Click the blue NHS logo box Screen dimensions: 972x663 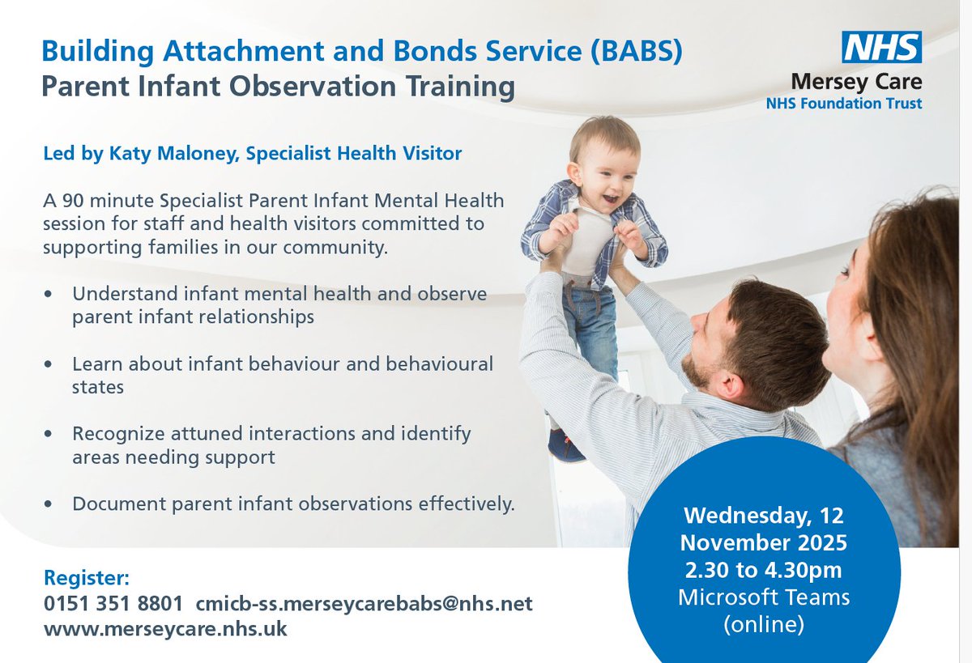pos(882,47)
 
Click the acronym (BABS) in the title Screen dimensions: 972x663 pos(636,52)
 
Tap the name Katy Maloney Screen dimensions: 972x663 pos(174,154)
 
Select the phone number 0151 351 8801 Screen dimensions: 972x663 pos(113,603)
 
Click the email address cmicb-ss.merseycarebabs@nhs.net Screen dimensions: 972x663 pos(364,603)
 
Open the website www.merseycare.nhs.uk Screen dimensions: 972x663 pos(165,628)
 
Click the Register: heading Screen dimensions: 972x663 pos(87,577)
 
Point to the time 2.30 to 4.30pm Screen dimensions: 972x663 pos(763,570)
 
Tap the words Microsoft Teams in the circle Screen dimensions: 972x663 pos(764,597)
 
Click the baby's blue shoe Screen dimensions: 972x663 pos(565,445)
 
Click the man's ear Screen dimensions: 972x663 pos(731,384)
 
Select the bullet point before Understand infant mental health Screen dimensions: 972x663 pos(48,294)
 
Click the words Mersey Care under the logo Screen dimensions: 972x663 pos(857,83)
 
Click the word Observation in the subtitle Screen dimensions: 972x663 pos(313,86)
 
